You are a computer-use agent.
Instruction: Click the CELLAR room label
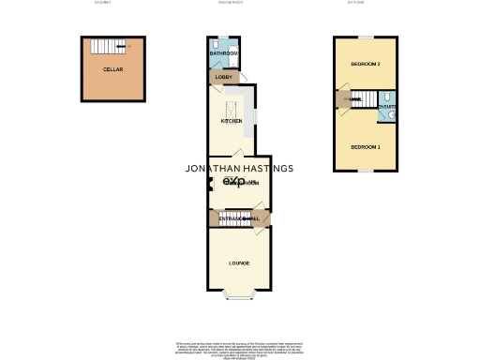point(114,69)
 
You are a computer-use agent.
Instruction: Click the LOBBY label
point(223,77)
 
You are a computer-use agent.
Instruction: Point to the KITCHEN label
point(231,121)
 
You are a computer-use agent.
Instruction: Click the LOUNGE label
point(238,262)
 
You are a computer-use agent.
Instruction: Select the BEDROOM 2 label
point(365,64)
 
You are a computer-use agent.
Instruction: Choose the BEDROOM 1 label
point(365,147)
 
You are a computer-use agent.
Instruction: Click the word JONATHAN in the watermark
point(216,169)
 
